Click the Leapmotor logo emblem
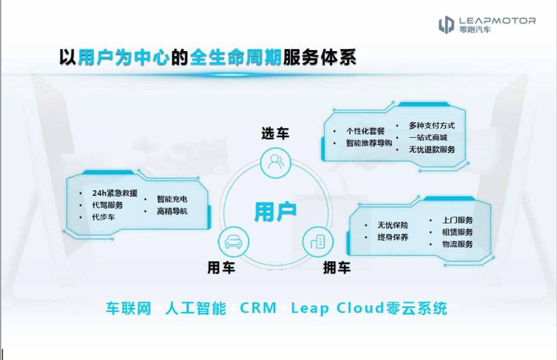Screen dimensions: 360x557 pos(446,25)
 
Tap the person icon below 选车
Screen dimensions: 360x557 pos(275,162)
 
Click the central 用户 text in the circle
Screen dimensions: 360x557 pos(275,211)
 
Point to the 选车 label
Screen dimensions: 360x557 pos(275,134)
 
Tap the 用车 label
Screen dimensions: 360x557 pos(221,268)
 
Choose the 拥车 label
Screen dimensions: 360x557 pos(337,268)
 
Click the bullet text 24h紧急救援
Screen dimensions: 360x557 pos(114,193)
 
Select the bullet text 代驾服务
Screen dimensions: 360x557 pos(107,205)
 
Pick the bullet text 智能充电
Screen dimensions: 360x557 pos(172,199)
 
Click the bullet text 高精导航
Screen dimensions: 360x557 pos(172,211)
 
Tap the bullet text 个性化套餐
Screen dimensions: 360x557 pos(365,131)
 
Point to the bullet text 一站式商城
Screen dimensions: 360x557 pos(428,138)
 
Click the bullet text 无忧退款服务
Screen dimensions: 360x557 pos(432,150)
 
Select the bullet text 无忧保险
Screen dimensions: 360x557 pos(392,225)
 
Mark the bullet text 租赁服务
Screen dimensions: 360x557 pos(457,232)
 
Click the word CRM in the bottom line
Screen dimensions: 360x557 pos(258,308)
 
